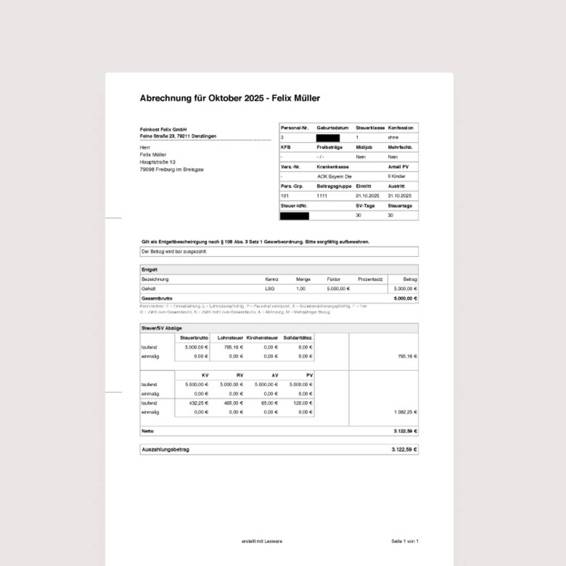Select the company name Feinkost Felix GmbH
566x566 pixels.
[164, 129]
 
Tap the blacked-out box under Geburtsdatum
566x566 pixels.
[328, 138]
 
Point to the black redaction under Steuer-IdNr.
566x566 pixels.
[294, 216]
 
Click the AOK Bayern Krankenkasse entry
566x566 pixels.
[334, 176]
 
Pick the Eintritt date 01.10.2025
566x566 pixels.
[368, 196]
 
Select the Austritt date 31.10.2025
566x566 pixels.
[400, 196]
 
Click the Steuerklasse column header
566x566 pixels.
[370, 128]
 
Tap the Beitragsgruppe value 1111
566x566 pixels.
[322, 196]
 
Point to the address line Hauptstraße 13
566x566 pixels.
[158, 162]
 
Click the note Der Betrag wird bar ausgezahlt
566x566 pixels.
[174, 251]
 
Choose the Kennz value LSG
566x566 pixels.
[270, 289]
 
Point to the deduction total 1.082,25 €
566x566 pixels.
[405, 412]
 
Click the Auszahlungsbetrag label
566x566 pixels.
[165, 449]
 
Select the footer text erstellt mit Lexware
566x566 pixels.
[262, 541]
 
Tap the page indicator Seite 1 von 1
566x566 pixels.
[405, 541]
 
